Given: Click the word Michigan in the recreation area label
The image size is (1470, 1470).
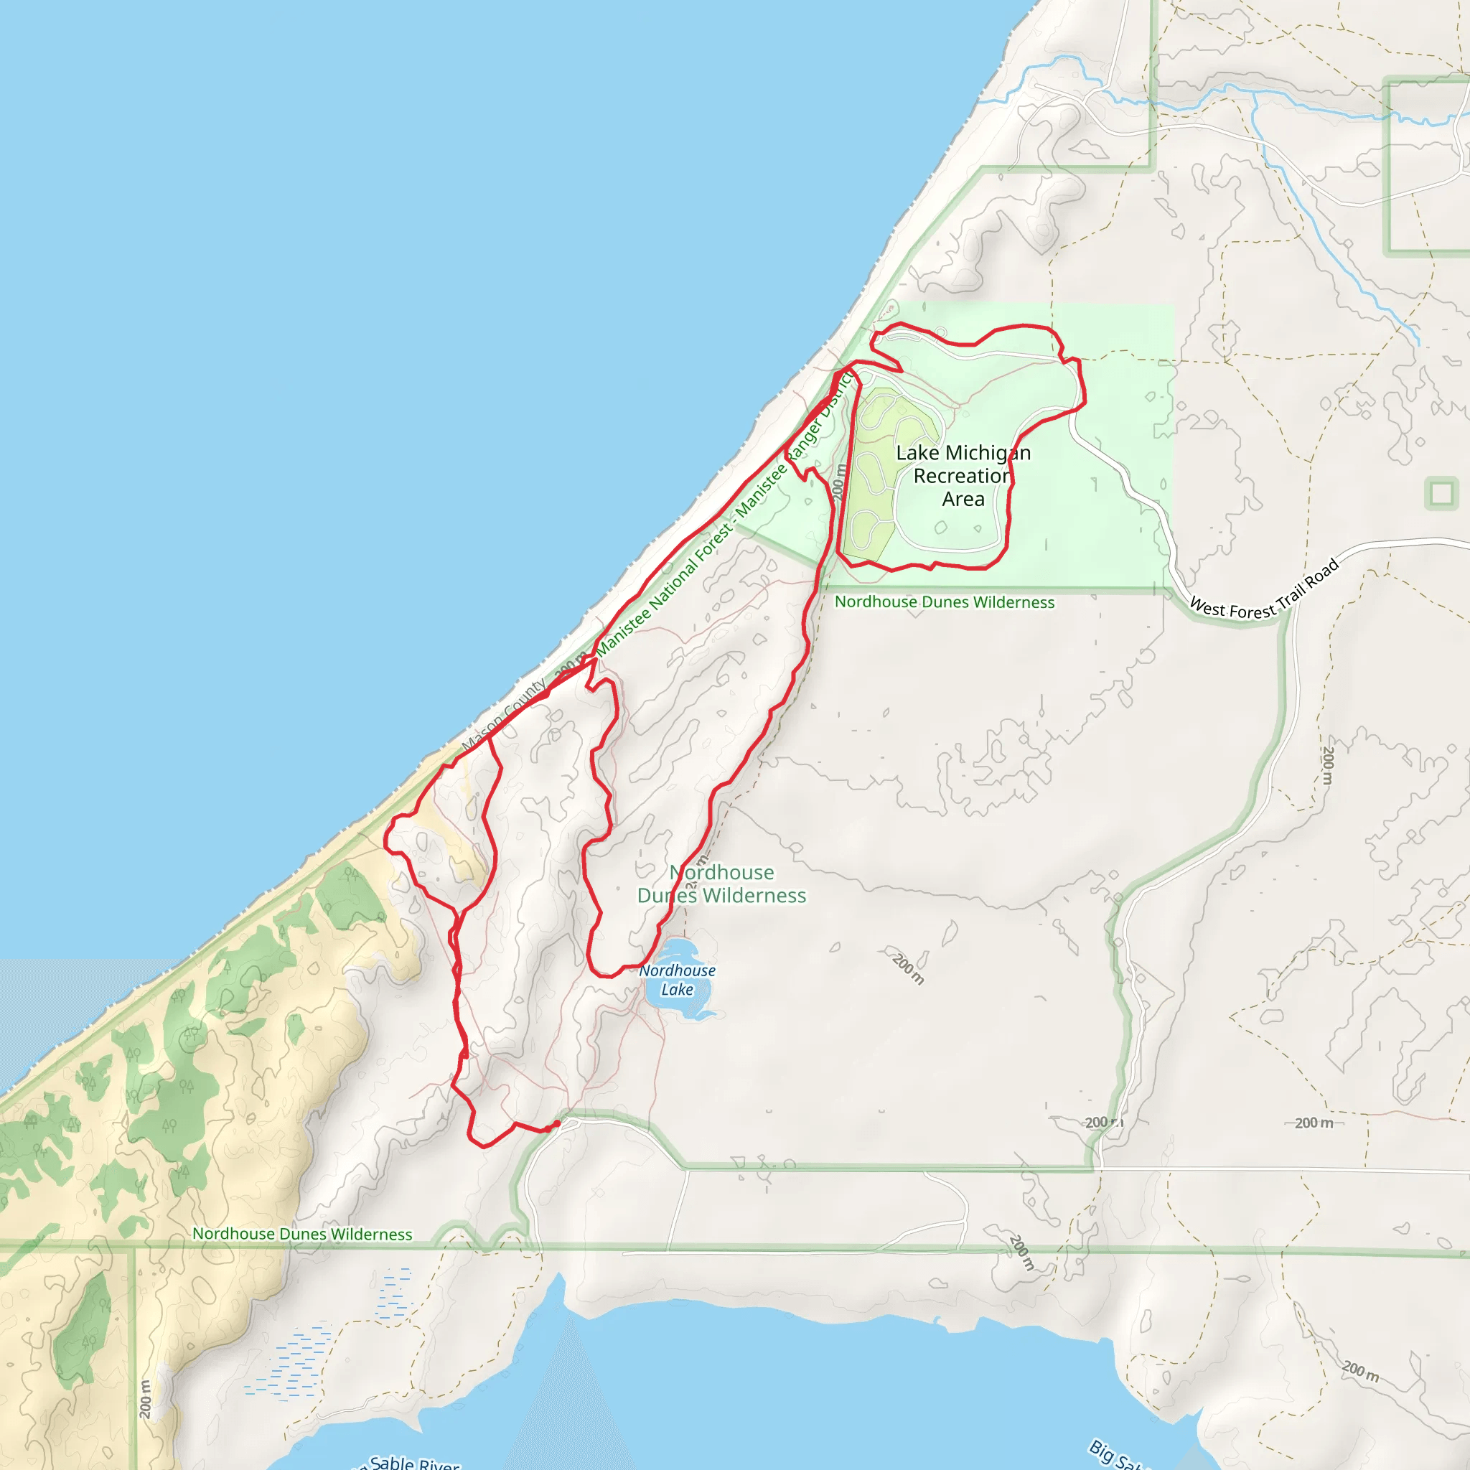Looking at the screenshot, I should (x=988, y=454).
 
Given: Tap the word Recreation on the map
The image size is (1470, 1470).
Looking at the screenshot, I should (x=963, y=477).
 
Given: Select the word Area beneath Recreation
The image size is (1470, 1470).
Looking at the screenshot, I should (x=963, y=500).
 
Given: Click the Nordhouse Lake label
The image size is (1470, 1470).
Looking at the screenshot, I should (x=677, y=980).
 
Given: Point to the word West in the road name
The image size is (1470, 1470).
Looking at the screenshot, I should (x=1207, y=607).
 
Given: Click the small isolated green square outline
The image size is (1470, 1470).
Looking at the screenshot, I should (x=1441, y=494).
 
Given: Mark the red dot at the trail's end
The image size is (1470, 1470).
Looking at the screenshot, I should (x=557, y=1124).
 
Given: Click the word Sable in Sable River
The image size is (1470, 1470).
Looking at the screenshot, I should (x=392, y=1461).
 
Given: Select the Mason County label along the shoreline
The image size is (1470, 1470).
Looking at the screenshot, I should (x=504, y=715).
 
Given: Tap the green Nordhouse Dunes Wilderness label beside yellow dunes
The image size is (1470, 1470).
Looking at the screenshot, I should (x=302, y=1234).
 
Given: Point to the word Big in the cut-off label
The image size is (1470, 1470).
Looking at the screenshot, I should (x=1102, y=1449).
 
